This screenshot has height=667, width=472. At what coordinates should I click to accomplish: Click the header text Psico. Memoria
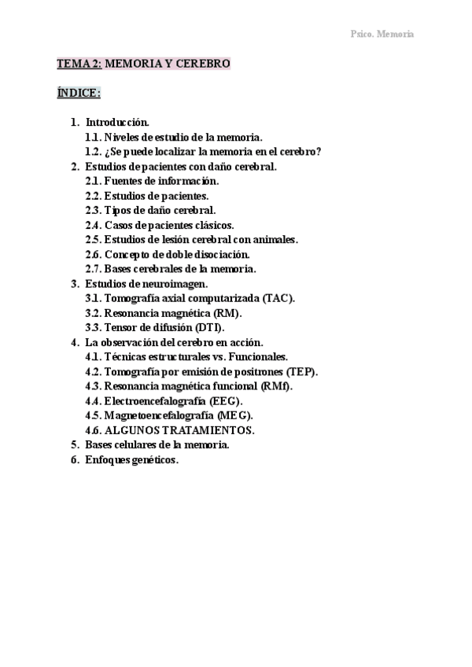point(382,34)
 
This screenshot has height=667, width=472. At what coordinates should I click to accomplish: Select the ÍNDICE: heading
point(79,93)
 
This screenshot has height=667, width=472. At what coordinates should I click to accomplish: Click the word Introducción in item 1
point(116,123)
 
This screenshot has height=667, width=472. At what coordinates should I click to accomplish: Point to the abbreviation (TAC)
point(278,298)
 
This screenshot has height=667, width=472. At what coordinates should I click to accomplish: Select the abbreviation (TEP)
point(299,371)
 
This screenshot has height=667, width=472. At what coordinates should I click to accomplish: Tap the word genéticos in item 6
point(153,460)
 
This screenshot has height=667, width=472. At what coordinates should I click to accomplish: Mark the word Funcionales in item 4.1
point(261,357)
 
